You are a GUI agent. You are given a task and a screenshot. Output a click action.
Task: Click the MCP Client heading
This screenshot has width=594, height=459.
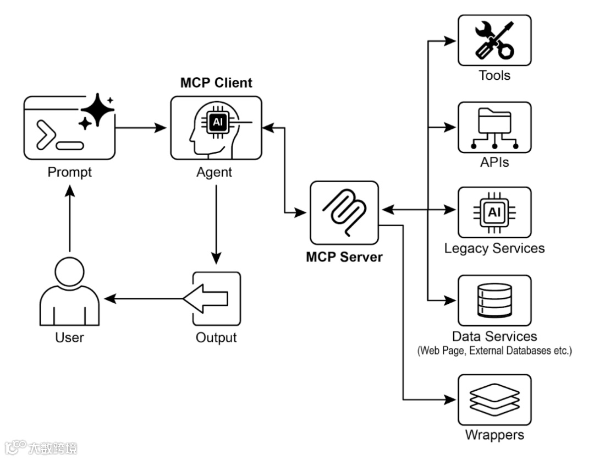(216, 83)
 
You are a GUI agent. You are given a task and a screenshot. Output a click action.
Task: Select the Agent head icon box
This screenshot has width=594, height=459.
(216, 128)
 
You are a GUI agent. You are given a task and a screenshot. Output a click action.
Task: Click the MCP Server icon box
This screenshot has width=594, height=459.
(344, 213)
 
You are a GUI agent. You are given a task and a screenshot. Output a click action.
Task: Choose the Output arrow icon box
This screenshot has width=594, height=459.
(216, 299)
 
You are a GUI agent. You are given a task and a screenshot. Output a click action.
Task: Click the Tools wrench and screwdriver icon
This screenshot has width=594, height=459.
(494, 40)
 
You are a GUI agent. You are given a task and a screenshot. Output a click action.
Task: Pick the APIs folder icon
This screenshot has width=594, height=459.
(494, 127)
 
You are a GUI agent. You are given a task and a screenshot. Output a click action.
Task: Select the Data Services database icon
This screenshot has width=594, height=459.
(494, 300)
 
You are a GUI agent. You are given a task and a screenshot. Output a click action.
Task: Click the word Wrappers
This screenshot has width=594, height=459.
(494, 435)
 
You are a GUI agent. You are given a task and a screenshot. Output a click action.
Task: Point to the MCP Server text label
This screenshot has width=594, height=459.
(344, 256)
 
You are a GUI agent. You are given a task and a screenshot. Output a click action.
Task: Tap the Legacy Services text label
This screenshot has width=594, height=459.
(494, 248)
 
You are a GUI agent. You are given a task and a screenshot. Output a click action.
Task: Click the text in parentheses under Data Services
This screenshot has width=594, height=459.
(494, 350)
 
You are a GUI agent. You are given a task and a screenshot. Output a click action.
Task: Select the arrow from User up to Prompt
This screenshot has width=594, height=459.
(70, 217)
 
